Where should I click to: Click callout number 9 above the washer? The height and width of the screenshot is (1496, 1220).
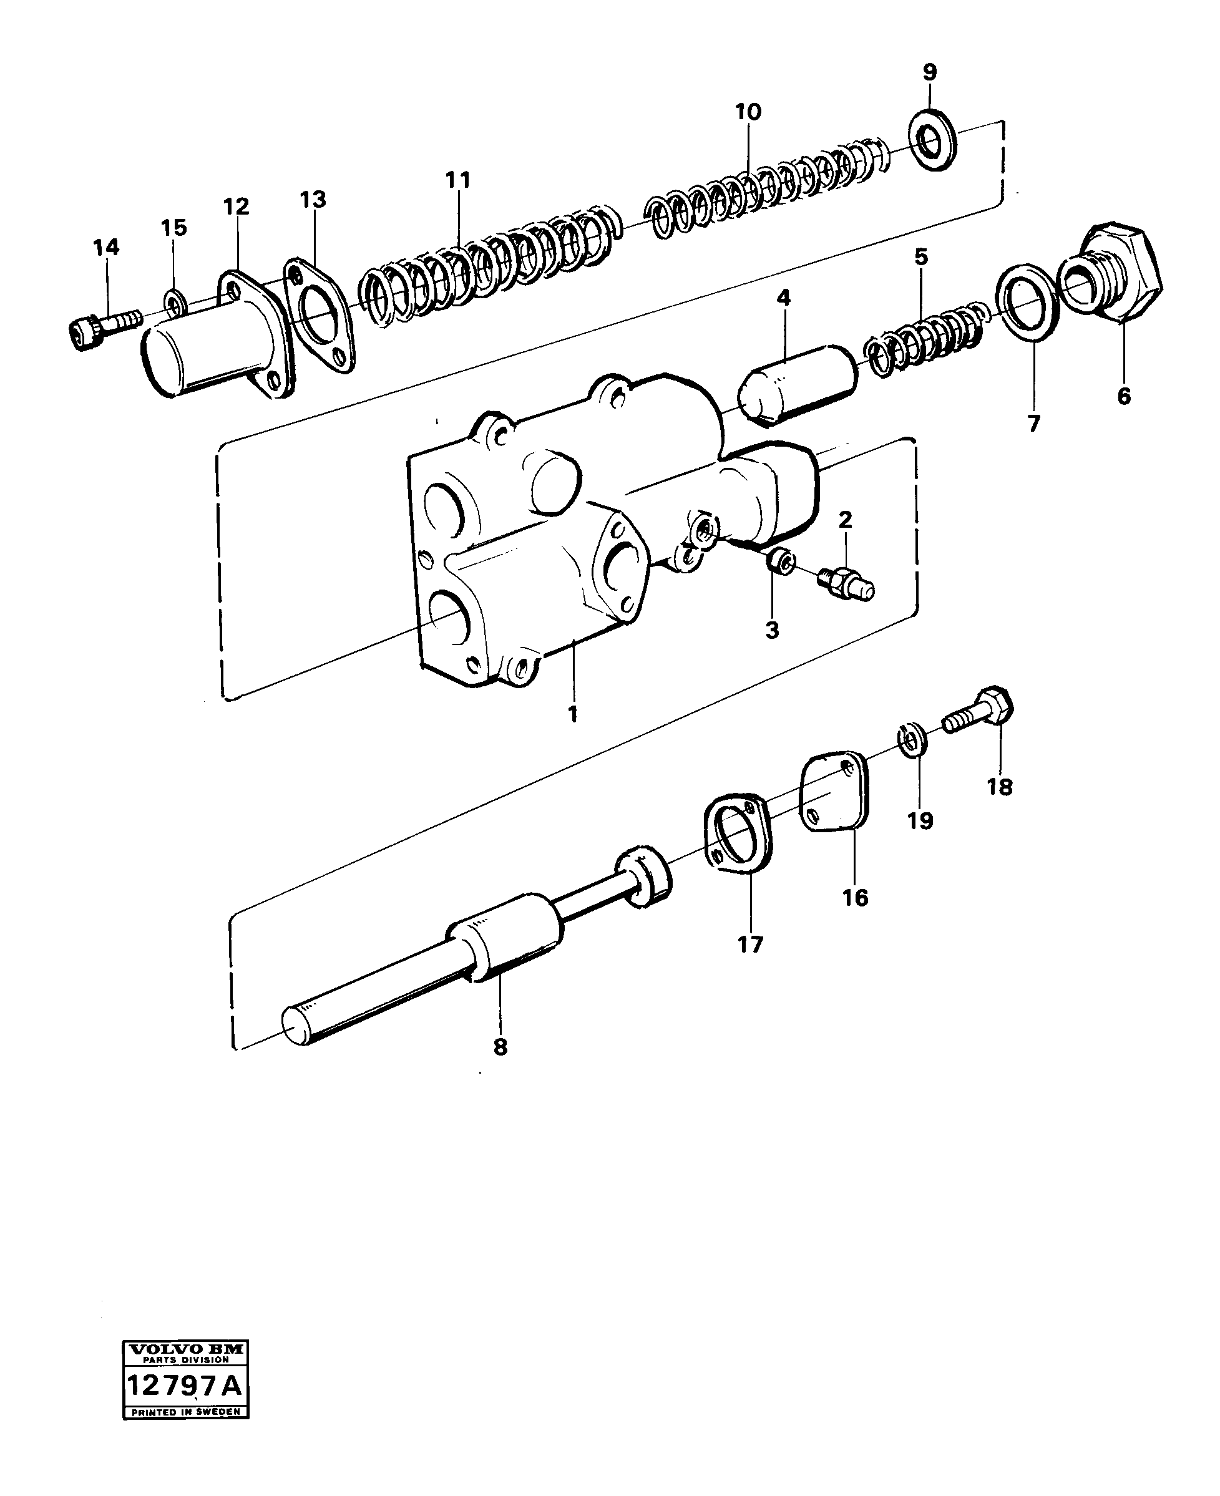coord(929,72)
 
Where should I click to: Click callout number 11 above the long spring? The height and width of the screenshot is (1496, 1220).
coord(457,180)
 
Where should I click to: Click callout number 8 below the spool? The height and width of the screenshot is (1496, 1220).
coord(500,1067)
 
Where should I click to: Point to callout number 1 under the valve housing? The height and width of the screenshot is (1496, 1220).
coord(573,714)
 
